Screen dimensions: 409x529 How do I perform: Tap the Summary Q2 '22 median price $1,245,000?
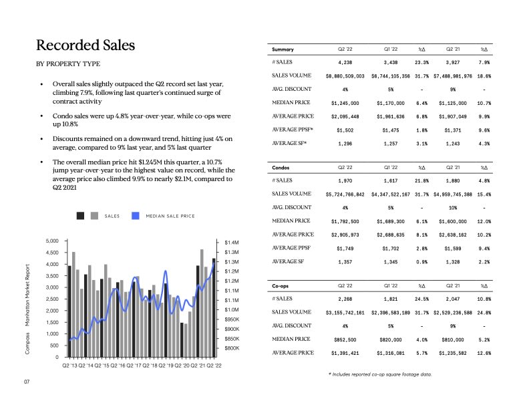tap(345, 104)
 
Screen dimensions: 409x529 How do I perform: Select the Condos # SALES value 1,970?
tap(345, 180)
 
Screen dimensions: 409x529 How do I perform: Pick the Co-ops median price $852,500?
tap(345, 339)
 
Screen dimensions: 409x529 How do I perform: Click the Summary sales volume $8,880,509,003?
tap(345, 76)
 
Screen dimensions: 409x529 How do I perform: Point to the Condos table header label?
tap(281, 166)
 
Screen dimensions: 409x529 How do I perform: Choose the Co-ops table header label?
tap(281, 285)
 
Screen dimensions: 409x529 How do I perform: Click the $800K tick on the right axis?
tap(232, 349)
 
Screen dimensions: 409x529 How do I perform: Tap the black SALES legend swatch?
tap(80, 215)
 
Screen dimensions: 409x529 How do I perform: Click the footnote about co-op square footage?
tap(380, 374)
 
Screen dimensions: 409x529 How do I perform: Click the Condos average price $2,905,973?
tap(345, 234)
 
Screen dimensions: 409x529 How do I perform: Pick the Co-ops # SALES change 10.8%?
tap(484, 299)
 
